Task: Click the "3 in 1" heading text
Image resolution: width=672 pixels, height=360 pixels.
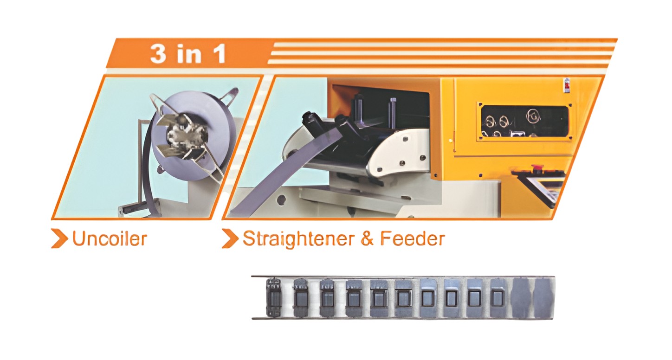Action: pyautogui.click(x=188, y=54)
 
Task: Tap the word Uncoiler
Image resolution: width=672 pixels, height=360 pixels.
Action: pyautogui.click(x=110, y=239)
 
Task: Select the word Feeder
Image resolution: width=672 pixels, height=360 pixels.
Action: pyautogui.click(x=413, y=239)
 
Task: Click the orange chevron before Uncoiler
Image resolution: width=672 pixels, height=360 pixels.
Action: pyautogui.click(x=59, y=238)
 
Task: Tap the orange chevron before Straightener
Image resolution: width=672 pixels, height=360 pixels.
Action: pyautogui.click(x=230, y=238)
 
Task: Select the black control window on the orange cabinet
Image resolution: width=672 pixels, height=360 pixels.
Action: pyautogui.click(x=524, y=122)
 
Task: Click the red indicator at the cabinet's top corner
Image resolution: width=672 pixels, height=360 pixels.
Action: pyautogui.click(x=567, y=86)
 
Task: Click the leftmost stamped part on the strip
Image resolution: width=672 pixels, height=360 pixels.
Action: pyautogui.click(x=274, y=297)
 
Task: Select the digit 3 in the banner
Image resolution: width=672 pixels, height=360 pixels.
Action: pyautogui.click(x=158, y=54)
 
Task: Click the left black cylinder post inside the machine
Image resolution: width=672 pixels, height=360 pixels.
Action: pyautogui.click(x=358, y=108)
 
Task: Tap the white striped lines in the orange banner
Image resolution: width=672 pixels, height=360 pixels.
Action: pyautogui.click(x=441, y=53)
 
